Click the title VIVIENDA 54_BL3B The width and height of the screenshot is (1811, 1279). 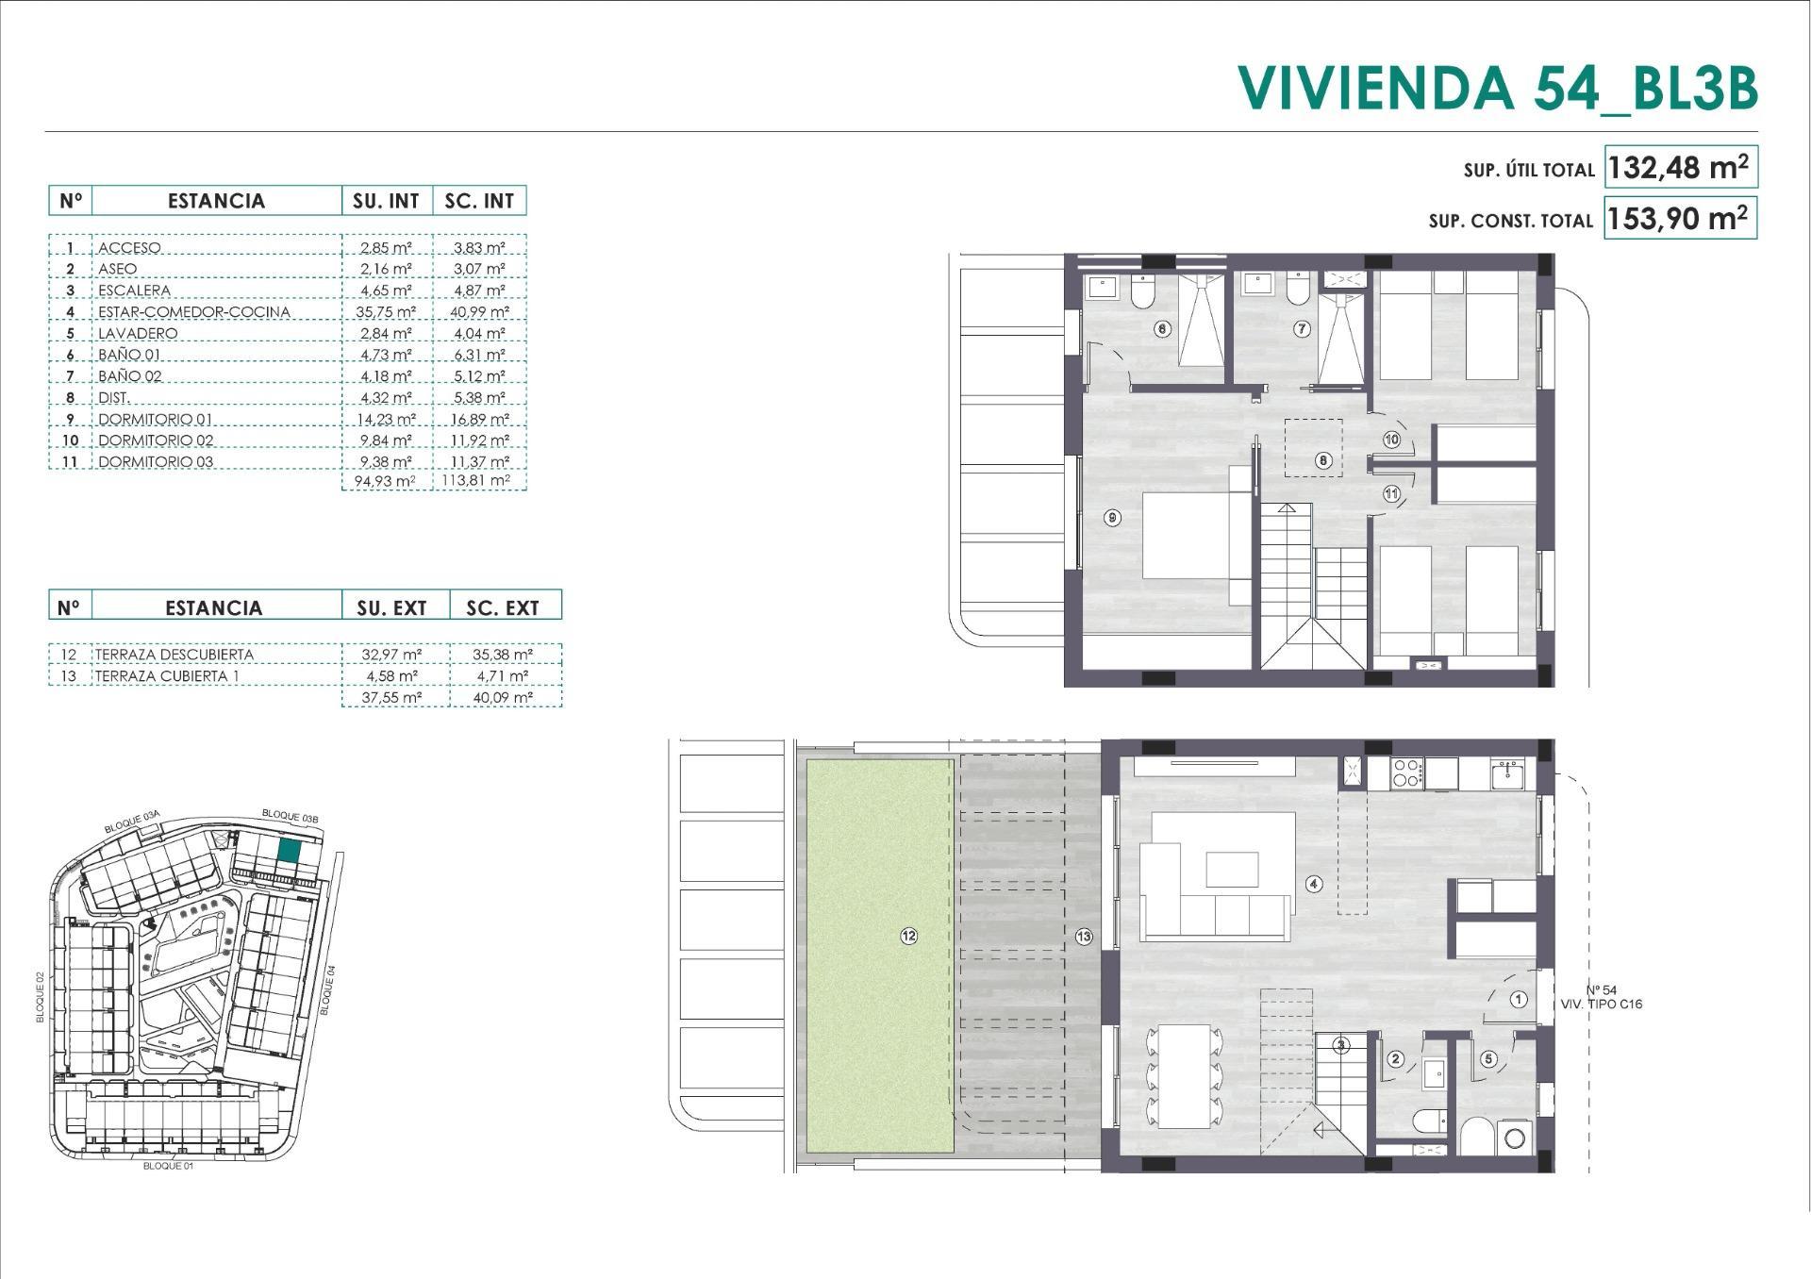(1497, 88)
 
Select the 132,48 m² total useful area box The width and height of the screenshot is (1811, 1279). (1679, 168)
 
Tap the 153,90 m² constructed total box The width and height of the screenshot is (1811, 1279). (1679, 219)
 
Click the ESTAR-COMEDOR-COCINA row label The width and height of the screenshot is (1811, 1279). (193, 312)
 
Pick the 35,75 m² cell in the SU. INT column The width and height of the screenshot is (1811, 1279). (386, 312)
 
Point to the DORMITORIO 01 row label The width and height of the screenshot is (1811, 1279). (156, 420)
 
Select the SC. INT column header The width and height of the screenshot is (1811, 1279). (479, 201)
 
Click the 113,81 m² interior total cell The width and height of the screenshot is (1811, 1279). (479, 481)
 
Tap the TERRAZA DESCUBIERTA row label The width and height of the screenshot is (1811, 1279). (174, 655)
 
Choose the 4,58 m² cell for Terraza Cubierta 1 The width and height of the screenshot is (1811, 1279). (390, 676)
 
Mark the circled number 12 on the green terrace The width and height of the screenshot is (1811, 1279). (908, 936)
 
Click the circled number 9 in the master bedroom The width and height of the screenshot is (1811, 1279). (1113, 518)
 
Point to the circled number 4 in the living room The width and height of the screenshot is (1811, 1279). (1314, 884)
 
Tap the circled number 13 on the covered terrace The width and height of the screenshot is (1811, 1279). (1084, 936)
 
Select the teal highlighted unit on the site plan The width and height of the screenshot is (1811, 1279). (290, 851)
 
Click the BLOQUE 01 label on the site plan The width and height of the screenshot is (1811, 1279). (168, 1167)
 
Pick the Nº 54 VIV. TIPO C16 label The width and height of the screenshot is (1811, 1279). (1601, 997)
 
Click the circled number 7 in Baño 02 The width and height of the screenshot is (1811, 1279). (1303, 329)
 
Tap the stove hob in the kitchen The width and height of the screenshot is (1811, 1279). (1406, 773)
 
